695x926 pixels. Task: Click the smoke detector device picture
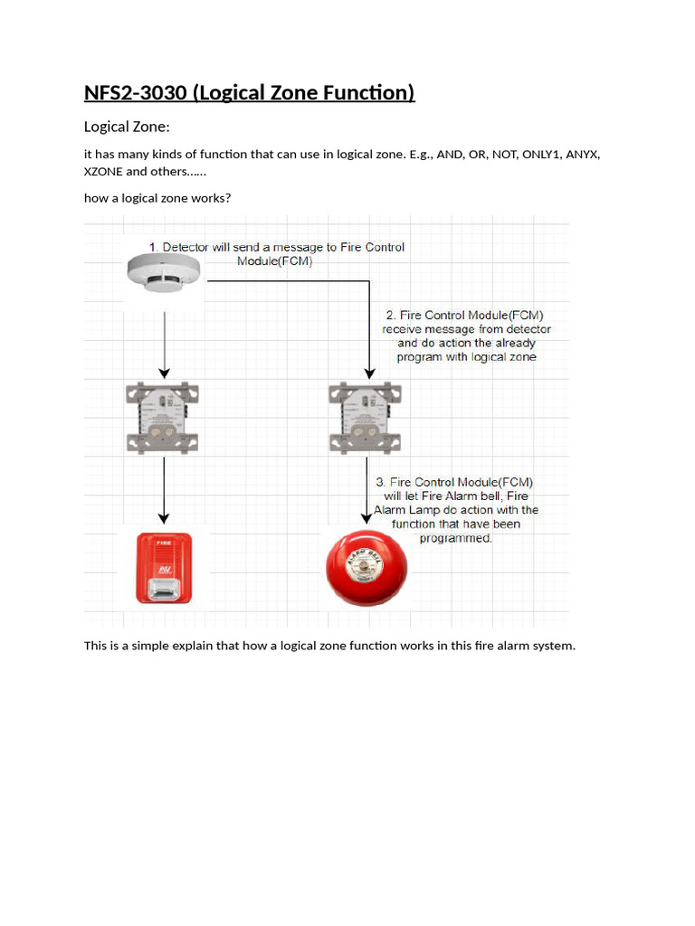165,270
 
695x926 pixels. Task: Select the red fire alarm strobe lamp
165,568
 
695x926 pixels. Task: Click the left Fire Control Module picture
163,417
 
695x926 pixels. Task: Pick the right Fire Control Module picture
367,417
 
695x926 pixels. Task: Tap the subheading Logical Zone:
127,127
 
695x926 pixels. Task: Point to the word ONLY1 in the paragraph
541,155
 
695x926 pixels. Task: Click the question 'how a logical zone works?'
157,198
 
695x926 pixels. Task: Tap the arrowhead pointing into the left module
164,372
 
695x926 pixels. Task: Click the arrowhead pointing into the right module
369,372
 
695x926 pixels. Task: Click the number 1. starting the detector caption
154,247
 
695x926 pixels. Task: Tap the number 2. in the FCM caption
391,316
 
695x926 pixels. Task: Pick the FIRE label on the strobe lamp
165,544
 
